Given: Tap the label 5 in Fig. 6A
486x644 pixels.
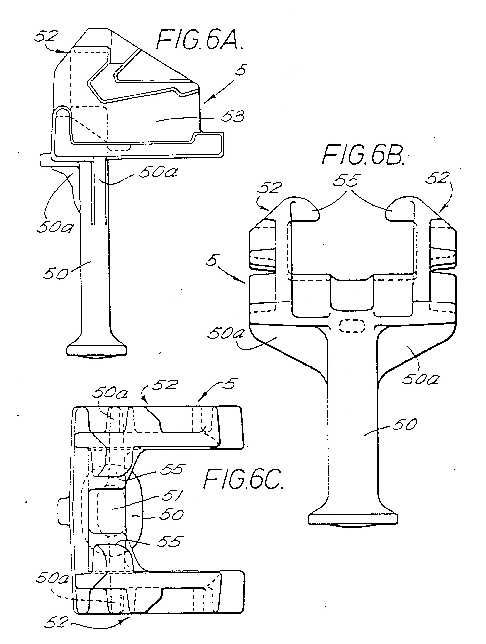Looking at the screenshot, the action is tap(241, 70).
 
